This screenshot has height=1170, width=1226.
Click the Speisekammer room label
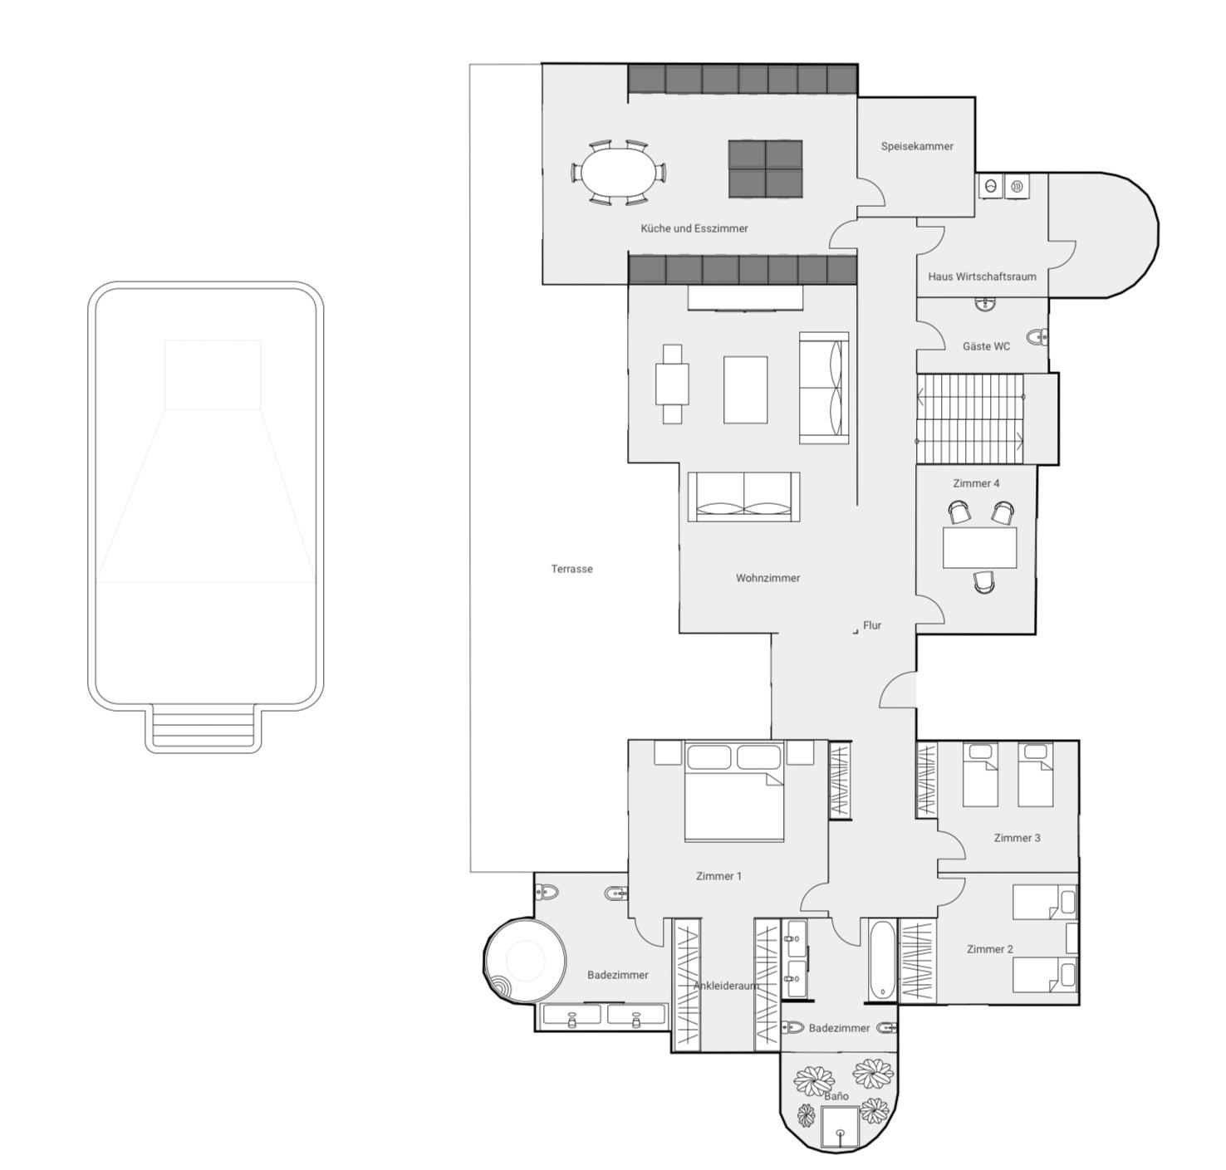917,147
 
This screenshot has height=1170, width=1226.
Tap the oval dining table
617,172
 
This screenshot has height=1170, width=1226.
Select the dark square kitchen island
765,169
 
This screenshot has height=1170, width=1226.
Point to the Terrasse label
571,569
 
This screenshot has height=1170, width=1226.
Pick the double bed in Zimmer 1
734,791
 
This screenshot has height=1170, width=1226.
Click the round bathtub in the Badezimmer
525,961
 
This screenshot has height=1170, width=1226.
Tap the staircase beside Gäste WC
970,419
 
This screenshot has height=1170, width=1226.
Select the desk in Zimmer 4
979,547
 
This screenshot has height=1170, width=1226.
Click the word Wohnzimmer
767,578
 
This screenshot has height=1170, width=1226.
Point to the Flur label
872,625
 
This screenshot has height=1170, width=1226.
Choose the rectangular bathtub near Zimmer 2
882,960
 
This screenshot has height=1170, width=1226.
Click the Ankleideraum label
727,986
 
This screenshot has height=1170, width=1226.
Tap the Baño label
836,1096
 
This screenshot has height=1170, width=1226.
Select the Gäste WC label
986,346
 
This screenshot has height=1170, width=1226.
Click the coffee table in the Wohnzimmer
745,389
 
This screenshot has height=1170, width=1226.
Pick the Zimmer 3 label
1017,838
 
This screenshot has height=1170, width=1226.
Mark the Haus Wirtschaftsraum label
982,277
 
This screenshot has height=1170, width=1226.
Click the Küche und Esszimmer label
694,228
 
